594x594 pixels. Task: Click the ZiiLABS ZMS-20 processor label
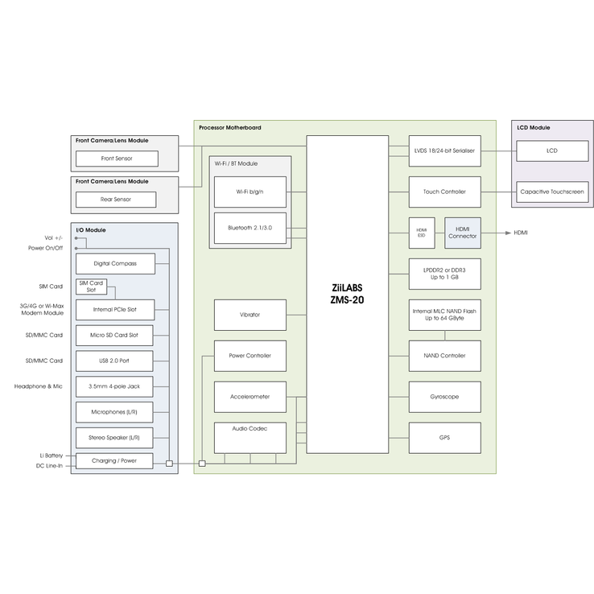point(347,294)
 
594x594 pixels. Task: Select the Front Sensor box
point(117,159)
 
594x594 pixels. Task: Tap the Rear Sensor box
point(116,200)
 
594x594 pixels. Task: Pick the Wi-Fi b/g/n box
point(250,192)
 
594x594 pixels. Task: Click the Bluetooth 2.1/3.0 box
point(250,228)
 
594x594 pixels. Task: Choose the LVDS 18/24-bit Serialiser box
point(445,151)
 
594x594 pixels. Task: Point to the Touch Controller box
point(445,192)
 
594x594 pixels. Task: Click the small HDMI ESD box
point(422,233)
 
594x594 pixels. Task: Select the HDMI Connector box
point(463,233)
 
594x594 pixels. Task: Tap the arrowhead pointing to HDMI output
point(509,233)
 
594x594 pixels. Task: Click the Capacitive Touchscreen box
point(552,192)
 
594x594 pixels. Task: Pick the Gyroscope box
point(445,397)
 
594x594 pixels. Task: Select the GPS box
point(445,438)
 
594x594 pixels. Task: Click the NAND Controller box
point(445,356)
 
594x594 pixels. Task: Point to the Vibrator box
point(250,316)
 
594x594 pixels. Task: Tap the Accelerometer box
point(250,397)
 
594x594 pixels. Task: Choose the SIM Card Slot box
point(91,287)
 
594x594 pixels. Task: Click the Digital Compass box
point(115,264)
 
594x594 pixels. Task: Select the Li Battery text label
point(52,456)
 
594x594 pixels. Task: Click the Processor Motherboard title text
point(230,128)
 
